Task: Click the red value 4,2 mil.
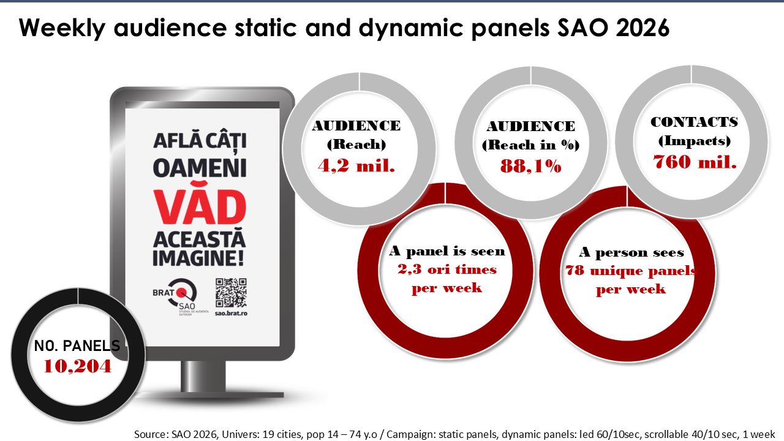(x=356, y=165)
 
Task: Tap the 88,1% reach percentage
(x=530, y=166)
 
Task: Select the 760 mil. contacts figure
(x=695, y=162)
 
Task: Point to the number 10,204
(x=78, y=366)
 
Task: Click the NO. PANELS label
(x=77, y=346)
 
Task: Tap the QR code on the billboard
(x=231, y=293)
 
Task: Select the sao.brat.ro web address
(x=231, y=313)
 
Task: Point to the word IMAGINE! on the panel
(x=198, y=258)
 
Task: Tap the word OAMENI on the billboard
(x=200, y=168)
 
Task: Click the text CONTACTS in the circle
(x=695, y=122)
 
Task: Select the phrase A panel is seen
(x=447, y=251)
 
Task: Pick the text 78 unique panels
(x=631, y=271)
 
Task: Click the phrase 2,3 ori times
(x=447, y=269)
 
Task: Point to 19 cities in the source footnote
(x=282, y=434)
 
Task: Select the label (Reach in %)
(x=530, y=145)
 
